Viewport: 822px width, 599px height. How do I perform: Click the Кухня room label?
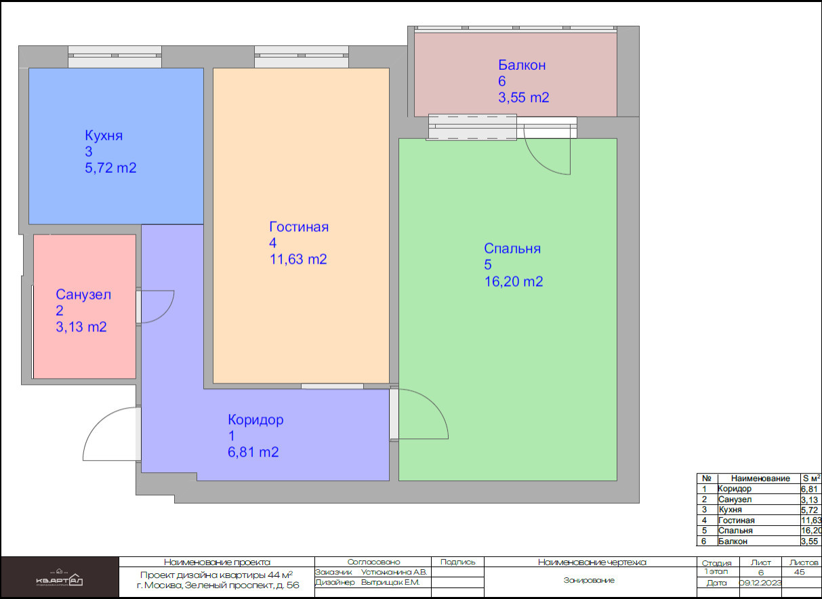tap(104, 136)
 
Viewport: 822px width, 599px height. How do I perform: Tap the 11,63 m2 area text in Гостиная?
tap(298, 260)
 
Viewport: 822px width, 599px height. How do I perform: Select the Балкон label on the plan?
tap(522, 65)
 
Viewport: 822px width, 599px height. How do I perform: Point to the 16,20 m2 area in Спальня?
tap(514, 281)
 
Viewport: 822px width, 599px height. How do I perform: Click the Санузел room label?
tap(83, 294)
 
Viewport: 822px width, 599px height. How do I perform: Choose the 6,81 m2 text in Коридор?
tap(253, 452)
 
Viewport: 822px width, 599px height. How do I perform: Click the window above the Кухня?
tap(115, 56)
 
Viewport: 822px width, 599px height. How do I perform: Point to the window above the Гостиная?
tap(302, 56)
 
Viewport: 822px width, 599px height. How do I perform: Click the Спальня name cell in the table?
tap(735, 531)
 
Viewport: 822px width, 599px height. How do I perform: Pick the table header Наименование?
tap(760, 478)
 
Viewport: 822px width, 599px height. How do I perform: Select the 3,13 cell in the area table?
tap(810, 499)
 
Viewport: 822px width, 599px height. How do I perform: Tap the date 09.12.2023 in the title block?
tap(760, 583)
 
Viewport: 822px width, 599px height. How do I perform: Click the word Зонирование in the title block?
tap(589, 580)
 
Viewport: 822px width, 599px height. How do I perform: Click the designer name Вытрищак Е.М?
tap(390, 582)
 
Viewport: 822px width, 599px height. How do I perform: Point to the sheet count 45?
tap(799, 572)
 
